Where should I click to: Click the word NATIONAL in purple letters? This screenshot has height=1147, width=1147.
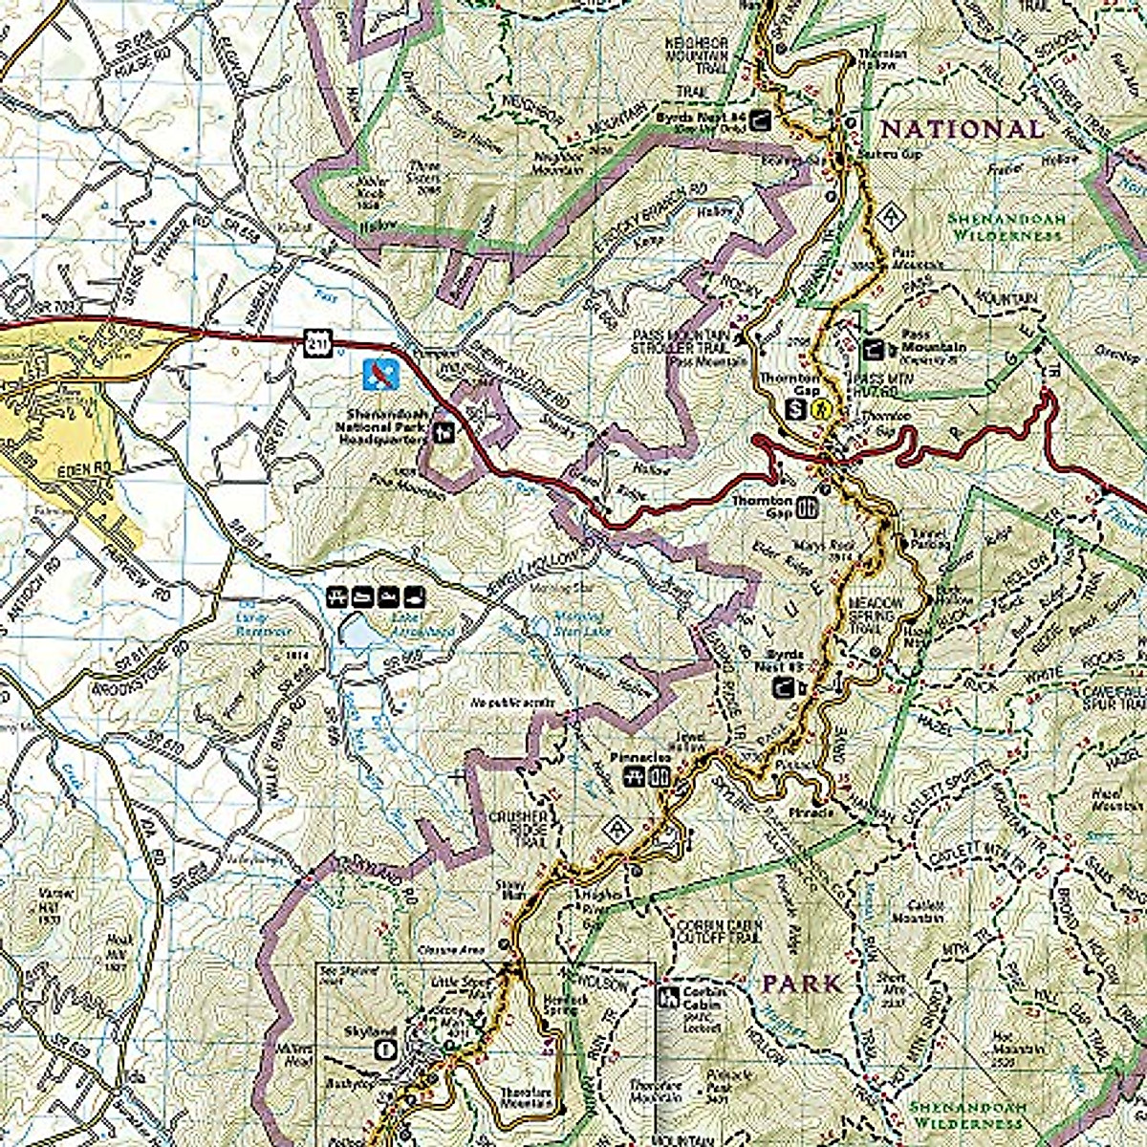pyautogui.click(x=962, y=129)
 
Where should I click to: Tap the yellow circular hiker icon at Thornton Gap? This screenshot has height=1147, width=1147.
pyautogui.click(x=819, y=410)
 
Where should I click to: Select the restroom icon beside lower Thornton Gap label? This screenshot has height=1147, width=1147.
pyautogui.click(x=808, y=508)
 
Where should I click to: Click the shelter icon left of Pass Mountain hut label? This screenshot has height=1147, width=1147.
pyautogui.click(x=873, y=350)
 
